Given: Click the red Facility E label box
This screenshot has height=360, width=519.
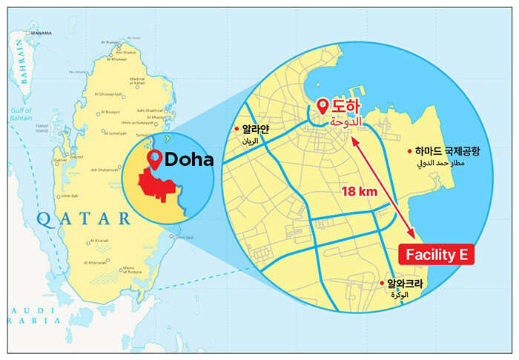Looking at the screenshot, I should (x=436, y=256).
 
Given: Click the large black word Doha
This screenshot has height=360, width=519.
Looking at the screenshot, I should (x=188, y=159).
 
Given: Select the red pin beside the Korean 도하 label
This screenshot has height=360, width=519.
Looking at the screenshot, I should (x=323, y=107).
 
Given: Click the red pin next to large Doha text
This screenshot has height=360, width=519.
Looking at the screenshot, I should (x=155, y=159).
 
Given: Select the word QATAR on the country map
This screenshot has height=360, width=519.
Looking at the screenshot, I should (x=83, y=218).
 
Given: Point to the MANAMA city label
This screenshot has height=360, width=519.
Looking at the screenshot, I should (x=40, y=33).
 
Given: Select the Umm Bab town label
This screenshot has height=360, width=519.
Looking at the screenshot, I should (x=70, y=196).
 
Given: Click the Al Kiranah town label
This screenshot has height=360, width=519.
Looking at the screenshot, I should (x=100, y=241).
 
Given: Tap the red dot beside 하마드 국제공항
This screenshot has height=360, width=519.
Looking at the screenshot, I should (x=410, y=150).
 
